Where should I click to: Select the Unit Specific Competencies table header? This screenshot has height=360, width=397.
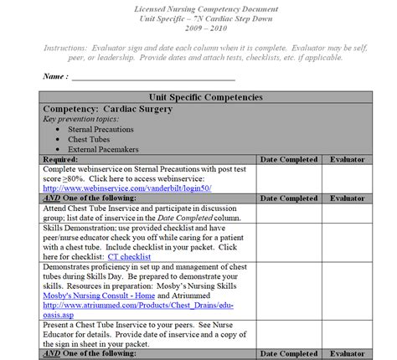[x=199, y=97]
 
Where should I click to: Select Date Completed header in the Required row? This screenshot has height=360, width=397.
[x=289, y=158]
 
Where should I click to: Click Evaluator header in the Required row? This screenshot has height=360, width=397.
[x=347, y=158]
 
